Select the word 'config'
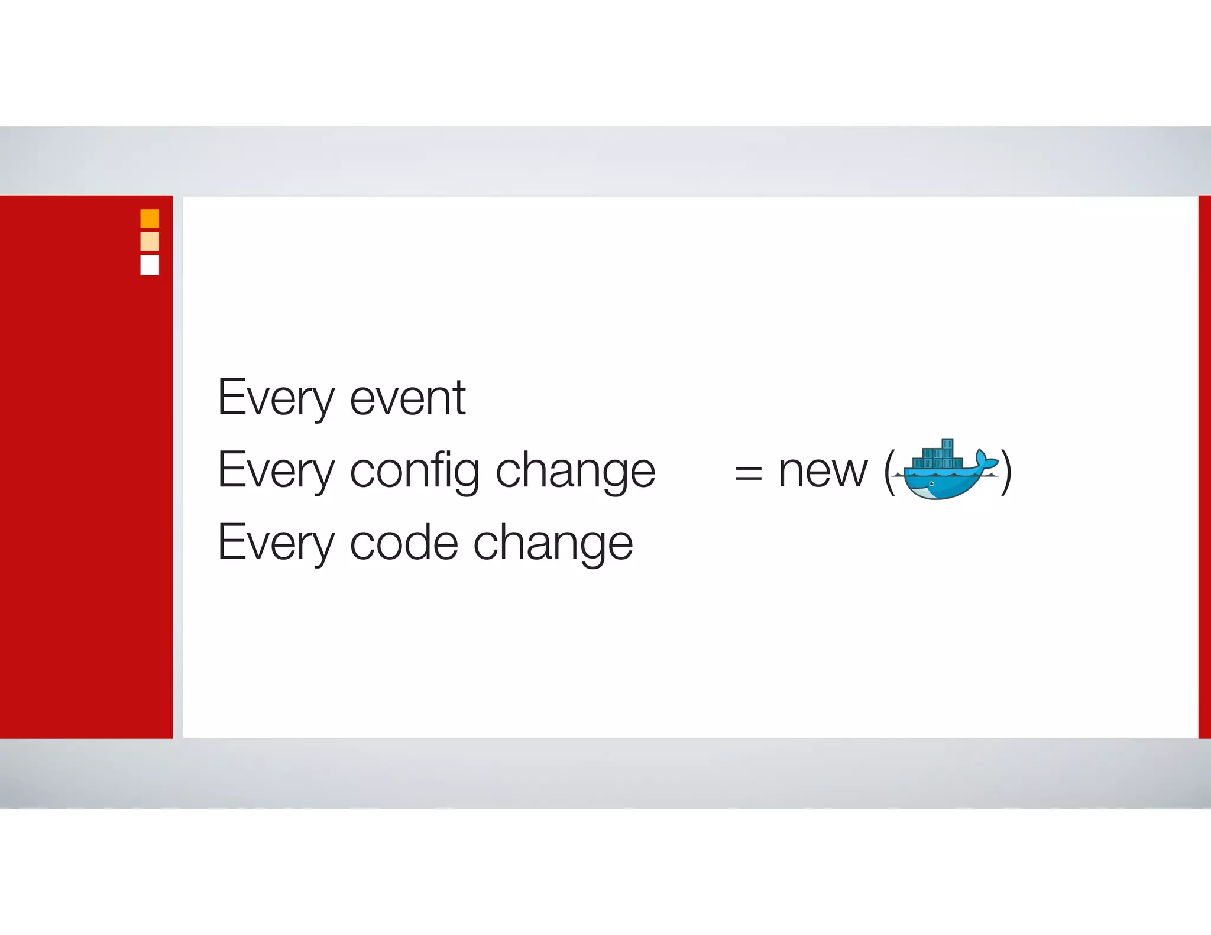point(415,471)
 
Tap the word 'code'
point(404,543)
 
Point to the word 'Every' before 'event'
point(276,398)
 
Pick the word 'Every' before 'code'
point(276,543)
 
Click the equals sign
point(748,473)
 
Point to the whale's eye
point(932,484)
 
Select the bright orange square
point(150,219)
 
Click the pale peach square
point(150,241)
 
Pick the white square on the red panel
point(150,265)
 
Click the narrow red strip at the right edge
point(1204,467)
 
